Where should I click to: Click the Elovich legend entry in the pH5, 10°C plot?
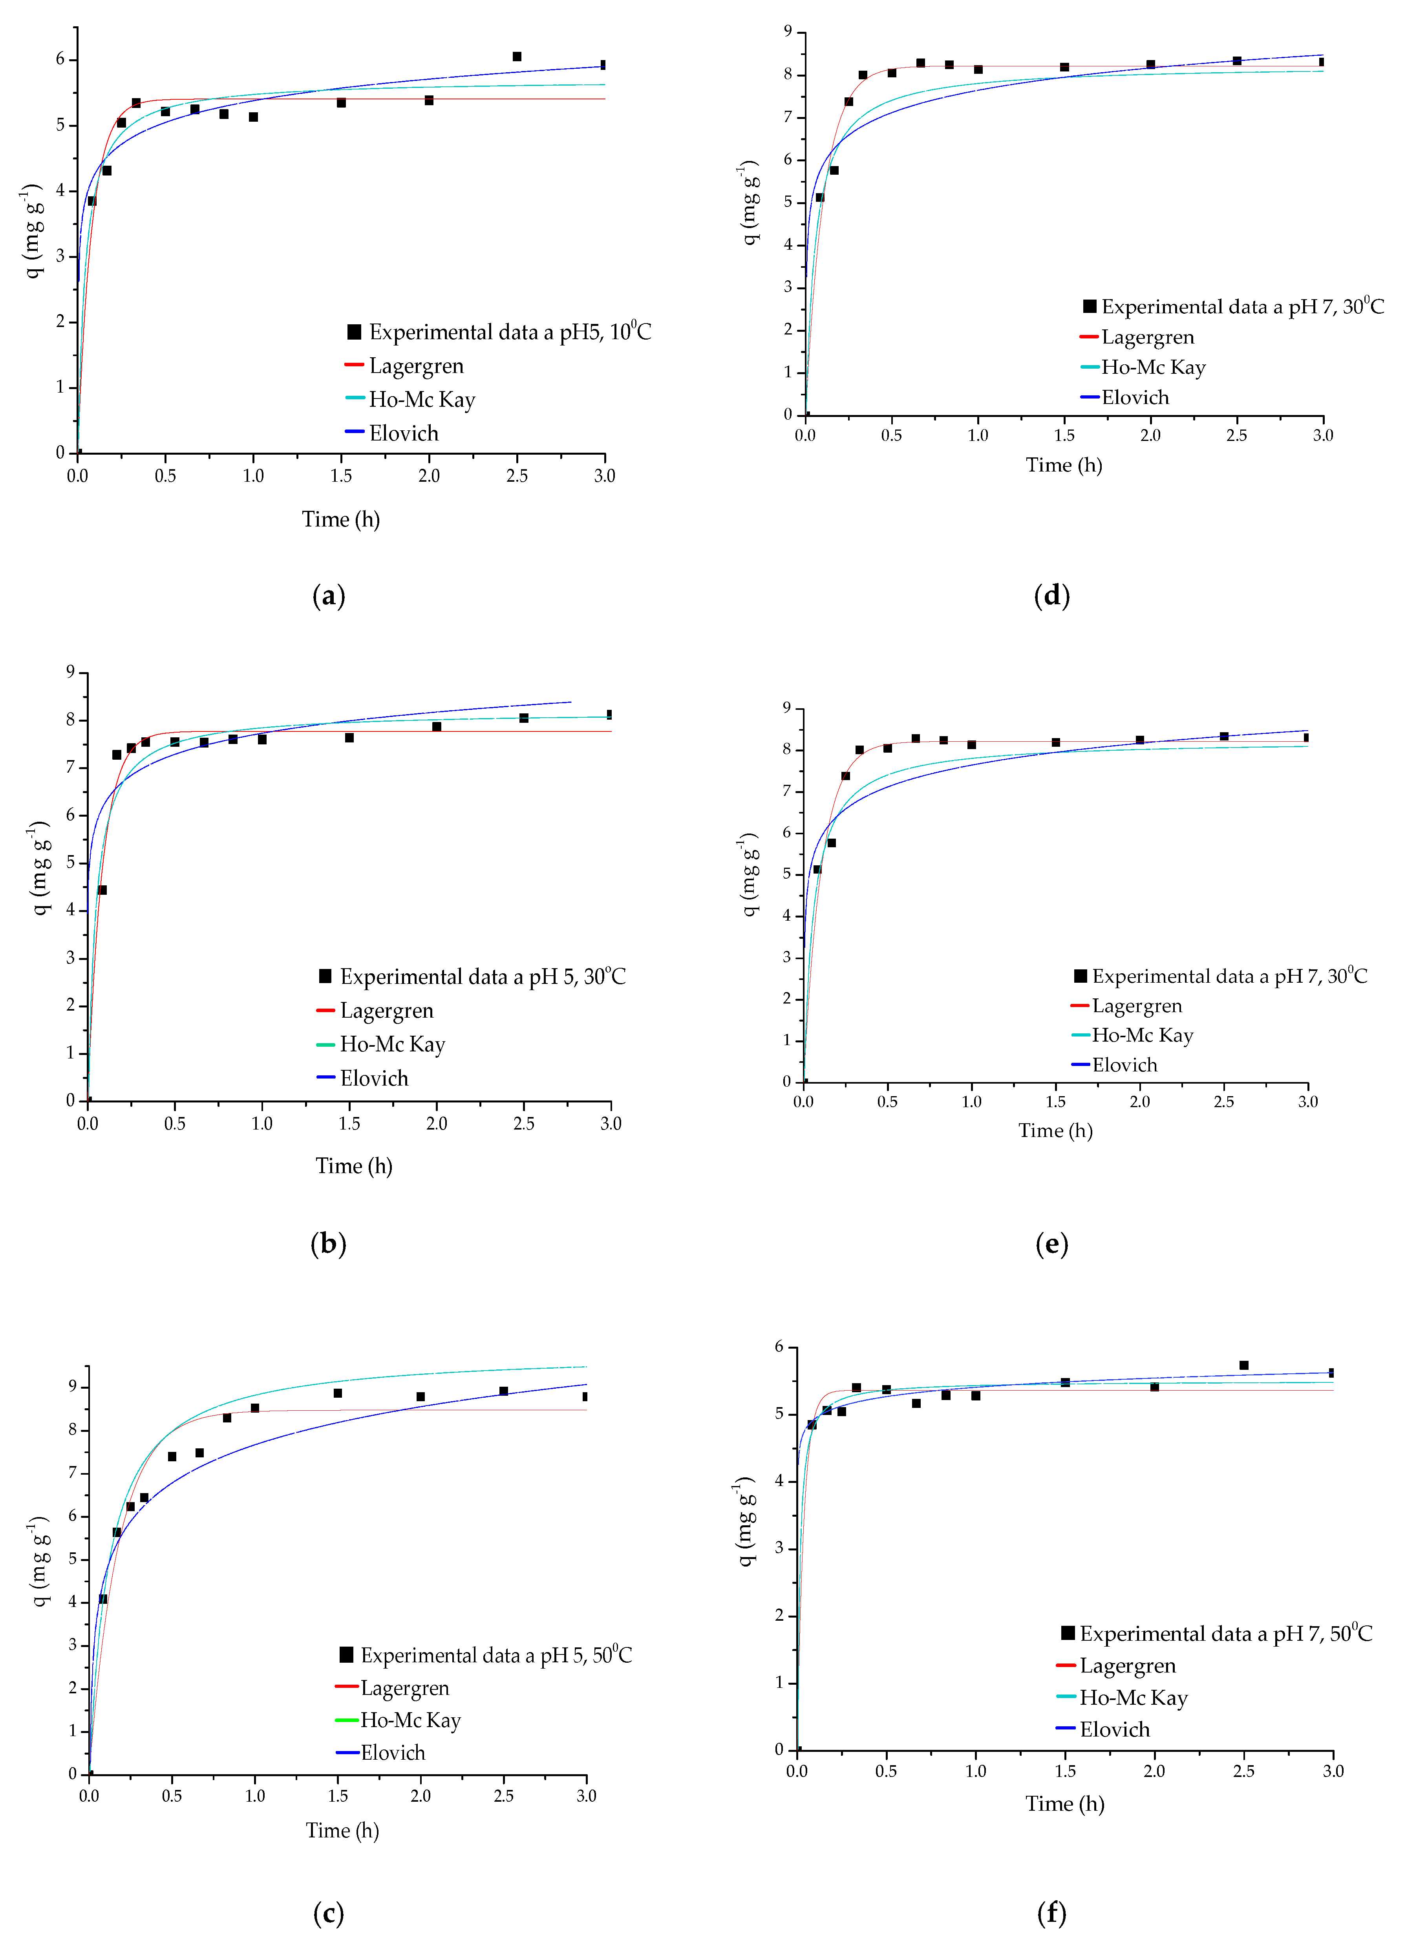[x=403, y=433]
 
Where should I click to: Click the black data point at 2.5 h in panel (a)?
[x=517, y=57]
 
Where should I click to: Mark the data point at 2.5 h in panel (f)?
[x=1244, y=1365]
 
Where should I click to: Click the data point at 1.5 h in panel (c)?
[x=338, y=1393]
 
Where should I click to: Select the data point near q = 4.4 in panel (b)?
[x=102, y=890]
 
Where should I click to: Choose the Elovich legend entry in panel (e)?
[x=1124, y=1065]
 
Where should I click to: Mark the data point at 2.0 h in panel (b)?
[x=437, y=726]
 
